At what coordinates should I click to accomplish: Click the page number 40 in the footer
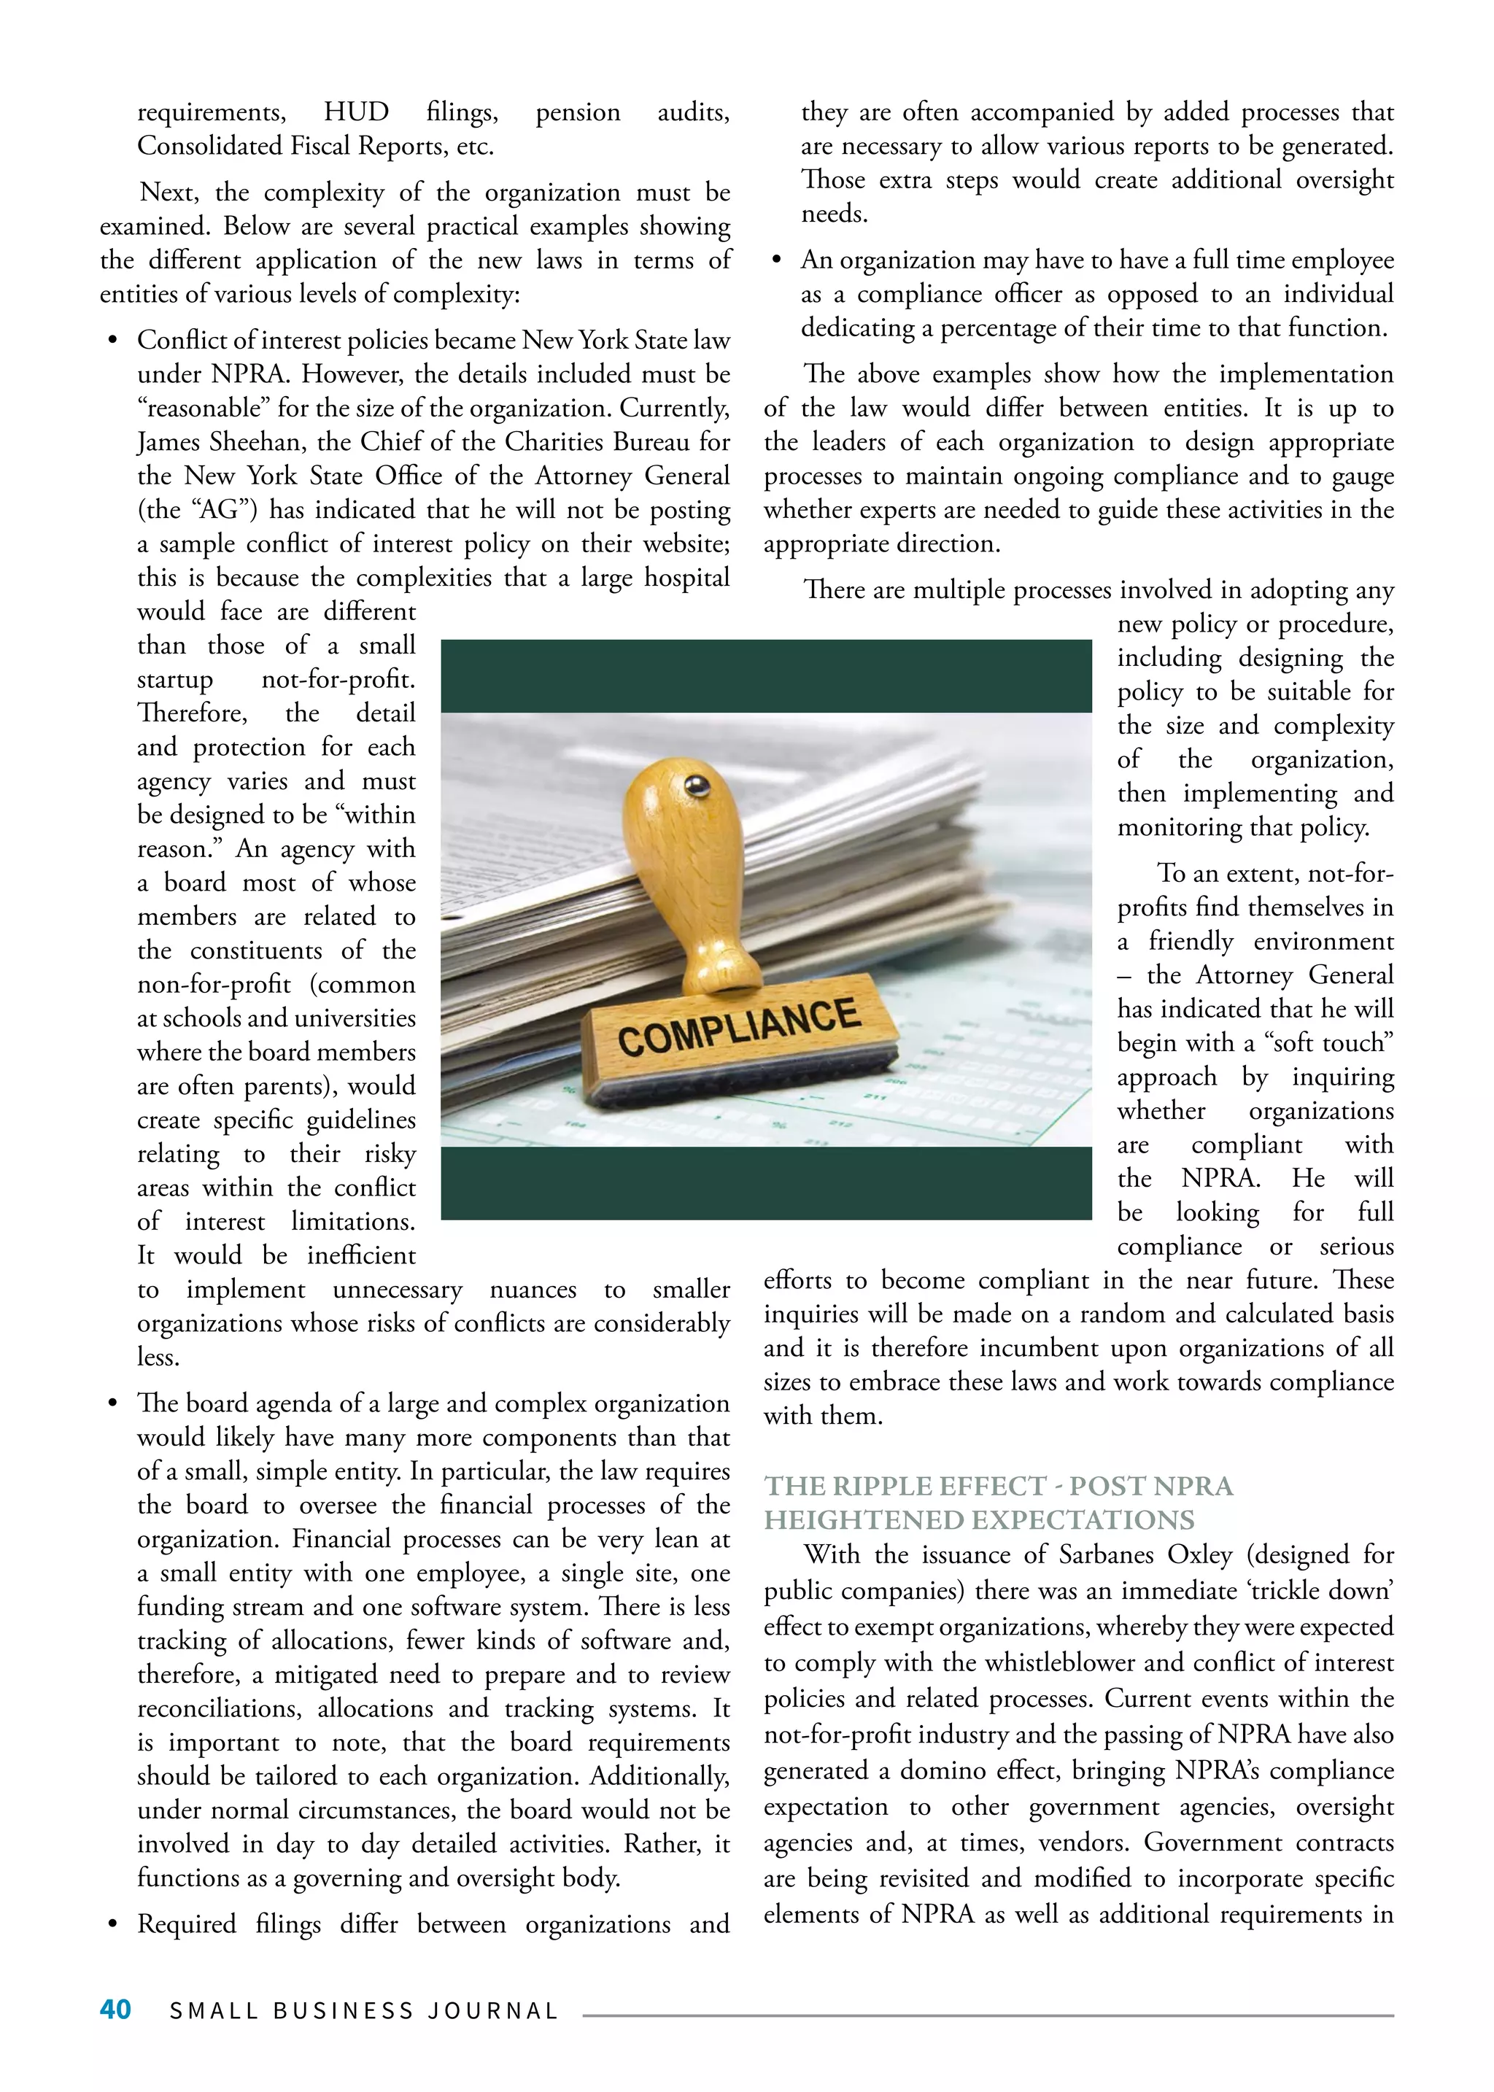click(115, 2009)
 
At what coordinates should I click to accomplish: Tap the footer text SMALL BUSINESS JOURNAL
click(364, 2011)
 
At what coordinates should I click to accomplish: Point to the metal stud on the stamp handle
click(697, 785)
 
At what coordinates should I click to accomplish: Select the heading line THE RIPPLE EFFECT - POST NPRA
click(998, 1486)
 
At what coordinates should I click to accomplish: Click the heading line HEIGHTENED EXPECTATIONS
click(979, 1520)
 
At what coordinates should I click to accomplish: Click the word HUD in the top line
click(356, 112)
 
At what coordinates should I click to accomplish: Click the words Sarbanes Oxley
click(1145, 1554)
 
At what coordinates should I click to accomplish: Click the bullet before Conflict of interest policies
click(112, 341)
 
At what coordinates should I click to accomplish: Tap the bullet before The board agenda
click(112, 1404)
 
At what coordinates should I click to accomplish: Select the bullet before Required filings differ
click(112, 1924)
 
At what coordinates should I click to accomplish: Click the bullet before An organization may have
click(776, 261)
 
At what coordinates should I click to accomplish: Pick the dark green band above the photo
click(765, 675)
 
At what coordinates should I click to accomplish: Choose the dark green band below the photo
click(765, 1183)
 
